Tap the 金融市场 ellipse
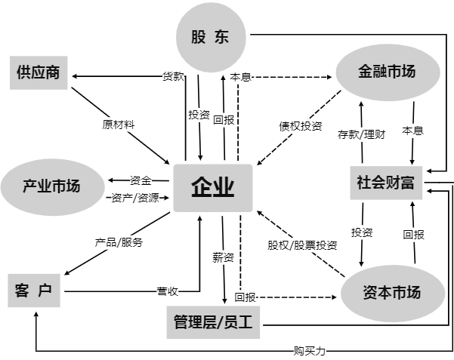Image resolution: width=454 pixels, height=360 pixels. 388,72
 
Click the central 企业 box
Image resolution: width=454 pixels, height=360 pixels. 212,186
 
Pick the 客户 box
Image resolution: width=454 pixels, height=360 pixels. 34,291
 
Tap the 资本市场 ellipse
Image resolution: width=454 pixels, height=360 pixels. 391,293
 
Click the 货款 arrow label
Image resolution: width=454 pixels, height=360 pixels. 174,76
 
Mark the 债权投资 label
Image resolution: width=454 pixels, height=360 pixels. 300,125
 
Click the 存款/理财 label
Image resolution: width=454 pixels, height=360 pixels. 360,134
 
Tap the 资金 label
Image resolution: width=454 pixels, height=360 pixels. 141,180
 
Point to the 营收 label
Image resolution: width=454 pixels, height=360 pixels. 168,290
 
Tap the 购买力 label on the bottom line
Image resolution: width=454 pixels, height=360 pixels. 310,351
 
